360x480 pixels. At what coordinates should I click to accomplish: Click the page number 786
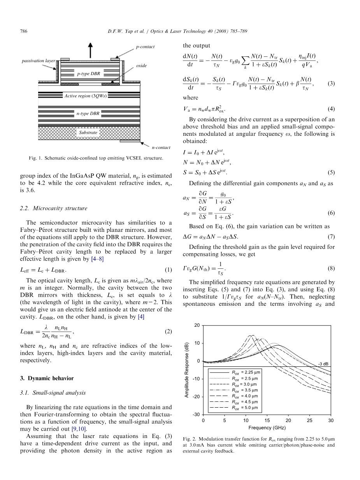(x=23, y=31)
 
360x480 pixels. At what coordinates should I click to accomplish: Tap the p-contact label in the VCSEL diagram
(x=145, y=47)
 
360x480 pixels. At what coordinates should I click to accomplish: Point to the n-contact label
(x=161, y=147)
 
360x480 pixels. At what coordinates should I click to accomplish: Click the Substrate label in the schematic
(x=88, y=133)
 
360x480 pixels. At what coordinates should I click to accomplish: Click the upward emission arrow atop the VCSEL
(x=91, y=50)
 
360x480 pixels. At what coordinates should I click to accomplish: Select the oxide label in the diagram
(x=141, y=66)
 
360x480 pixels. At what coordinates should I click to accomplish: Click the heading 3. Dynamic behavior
(x=47, y=378)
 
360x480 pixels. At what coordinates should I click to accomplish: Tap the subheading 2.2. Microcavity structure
(x=54, y=208)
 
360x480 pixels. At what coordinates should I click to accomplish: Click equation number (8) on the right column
(x=331, y=268)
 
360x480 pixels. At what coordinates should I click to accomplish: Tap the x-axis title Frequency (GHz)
(x=267, y=427)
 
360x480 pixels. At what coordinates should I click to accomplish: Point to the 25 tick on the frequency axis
(x=309, y=420)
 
